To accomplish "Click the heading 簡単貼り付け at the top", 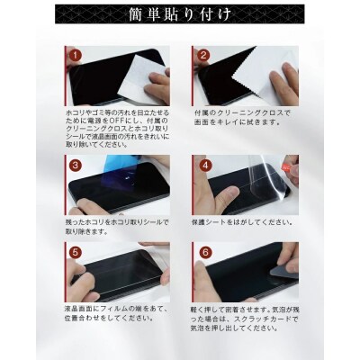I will (x=179, y=16).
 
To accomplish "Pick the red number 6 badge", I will (x=204, y=255).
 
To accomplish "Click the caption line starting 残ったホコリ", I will (x=112, y=220).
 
